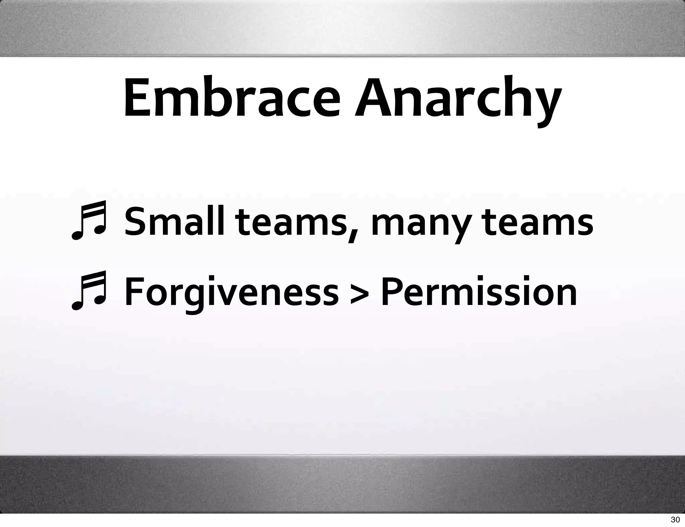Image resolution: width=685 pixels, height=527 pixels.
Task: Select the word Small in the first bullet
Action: coord(174,222)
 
